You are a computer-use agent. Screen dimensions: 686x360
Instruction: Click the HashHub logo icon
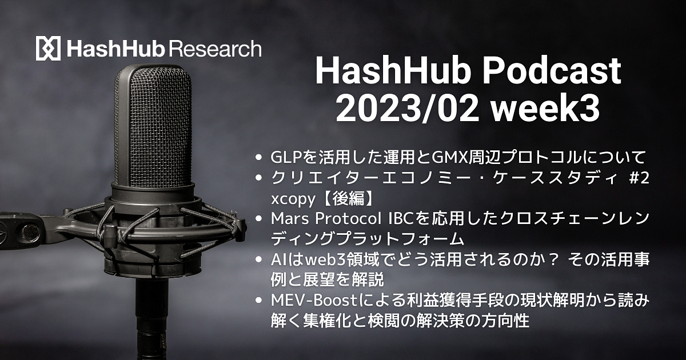coord(48,48)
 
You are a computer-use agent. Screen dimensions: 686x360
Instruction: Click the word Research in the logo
coord(215,49)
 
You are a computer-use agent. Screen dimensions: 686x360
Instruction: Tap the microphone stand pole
coord(152,318)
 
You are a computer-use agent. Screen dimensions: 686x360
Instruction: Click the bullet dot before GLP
coord(258,158)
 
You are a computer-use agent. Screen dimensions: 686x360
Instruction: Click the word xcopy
coord(293,199)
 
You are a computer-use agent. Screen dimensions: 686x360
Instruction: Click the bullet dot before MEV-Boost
coord(258,301)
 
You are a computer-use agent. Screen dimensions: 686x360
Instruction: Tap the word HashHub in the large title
coord(395,71)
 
